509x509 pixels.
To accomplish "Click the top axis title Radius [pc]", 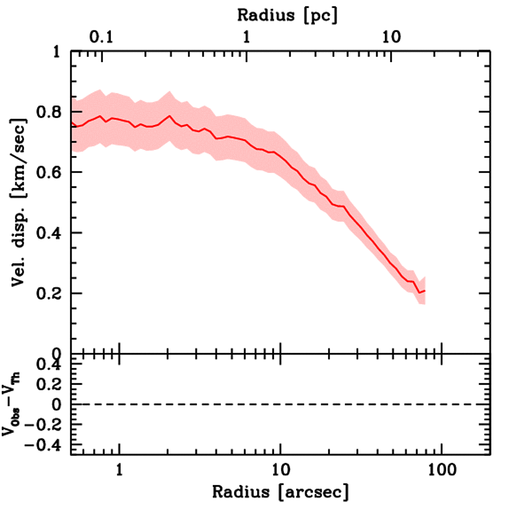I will [x=287, y=15].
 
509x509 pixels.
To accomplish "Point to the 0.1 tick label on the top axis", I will [x=102, y=38].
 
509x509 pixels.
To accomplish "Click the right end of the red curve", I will [x=425, y=291].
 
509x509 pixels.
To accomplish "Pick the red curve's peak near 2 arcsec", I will [x=170, y=116].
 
